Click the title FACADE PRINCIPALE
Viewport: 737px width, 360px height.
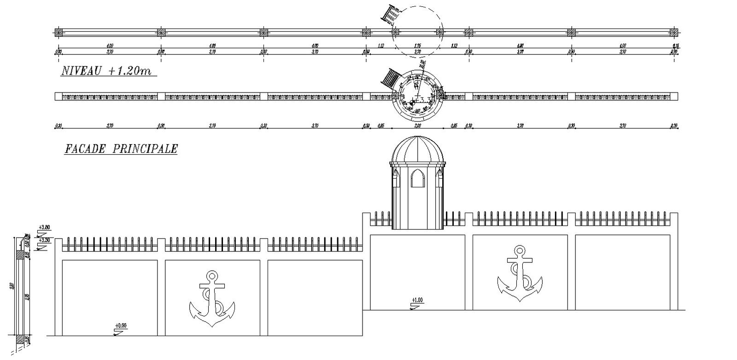121,149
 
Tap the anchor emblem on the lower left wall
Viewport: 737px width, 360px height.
212,299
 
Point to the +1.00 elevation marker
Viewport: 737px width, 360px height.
417,301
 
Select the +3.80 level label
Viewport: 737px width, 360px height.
45,227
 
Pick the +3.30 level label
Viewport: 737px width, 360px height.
45,240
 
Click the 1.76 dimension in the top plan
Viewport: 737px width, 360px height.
417,45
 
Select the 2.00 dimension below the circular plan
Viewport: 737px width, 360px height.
417,125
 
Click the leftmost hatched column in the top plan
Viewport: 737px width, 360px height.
58,32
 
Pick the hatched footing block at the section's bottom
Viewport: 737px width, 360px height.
21,339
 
